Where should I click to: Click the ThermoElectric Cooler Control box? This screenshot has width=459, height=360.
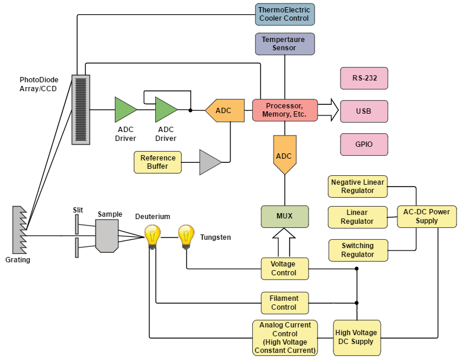point(284,14)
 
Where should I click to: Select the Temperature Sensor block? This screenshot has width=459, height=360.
point(284,44)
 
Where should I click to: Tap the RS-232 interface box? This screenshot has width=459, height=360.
point(364,78)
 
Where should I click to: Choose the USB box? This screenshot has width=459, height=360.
point(364,111)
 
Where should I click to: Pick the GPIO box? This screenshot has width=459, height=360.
point(364,144)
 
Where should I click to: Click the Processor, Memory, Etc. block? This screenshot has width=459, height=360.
point(285,110)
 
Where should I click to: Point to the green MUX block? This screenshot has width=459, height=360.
point(285,217)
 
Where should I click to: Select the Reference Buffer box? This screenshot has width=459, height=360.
point(158,162)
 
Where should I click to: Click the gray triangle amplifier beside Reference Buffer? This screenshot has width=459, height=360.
point(210,162)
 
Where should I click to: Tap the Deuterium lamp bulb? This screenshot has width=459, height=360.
point(153,236)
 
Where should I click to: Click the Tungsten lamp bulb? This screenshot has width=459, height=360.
point(186,236)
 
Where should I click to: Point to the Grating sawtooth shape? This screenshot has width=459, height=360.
point(20,230)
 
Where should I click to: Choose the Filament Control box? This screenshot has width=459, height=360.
point(285,303)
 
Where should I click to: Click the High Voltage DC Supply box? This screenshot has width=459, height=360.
point(355,337)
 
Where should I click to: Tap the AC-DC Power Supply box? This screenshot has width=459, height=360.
point(426,217)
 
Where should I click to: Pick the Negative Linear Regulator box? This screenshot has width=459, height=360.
point(357,186)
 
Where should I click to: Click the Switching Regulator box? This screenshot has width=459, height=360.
point(357,250)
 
